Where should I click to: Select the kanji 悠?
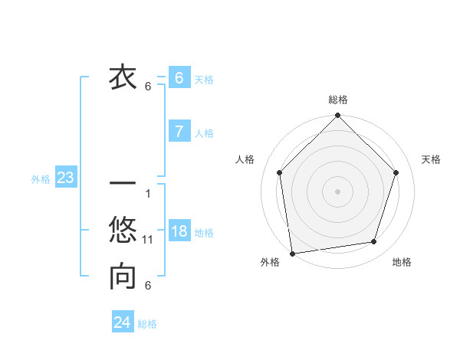point(123,231)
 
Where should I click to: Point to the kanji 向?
point(123,277)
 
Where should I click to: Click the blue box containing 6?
point(179,77)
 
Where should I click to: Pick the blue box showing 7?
point(179,131)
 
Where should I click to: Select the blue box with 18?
point(179,231)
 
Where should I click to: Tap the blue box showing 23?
point(65,178)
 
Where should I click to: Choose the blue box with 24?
point(122,322)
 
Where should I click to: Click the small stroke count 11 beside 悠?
point(148,240)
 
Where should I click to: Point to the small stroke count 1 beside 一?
point(147,193)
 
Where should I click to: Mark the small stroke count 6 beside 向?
point(148,286)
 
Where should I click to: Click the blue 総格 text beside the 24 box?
point(147,324)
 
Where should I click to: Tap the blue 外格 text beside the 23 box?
point(41,179)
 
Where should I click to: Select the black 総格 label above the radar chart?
point(338,100)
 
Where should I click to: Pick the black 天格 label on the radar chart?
point(431,159)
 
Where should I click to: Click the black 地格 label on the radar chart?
point(402,262)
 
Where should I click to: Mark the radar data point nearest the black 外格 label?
point(292,253)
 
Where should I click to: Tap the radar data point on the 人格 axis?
point(280,172)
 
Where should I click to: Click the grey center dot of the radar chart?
point(337,191)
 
